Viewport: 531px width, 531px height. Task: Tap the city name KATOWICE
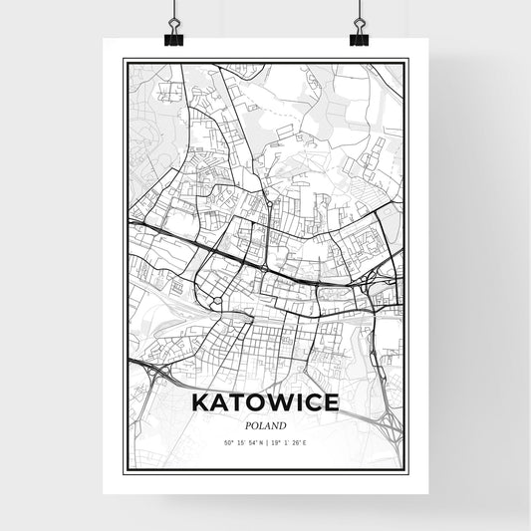coord(265,403)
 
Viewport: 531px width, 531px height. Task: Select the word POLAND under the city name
coord(265,423)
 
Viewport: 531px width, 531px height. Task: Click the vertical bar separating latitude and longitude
coord(266,442)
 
